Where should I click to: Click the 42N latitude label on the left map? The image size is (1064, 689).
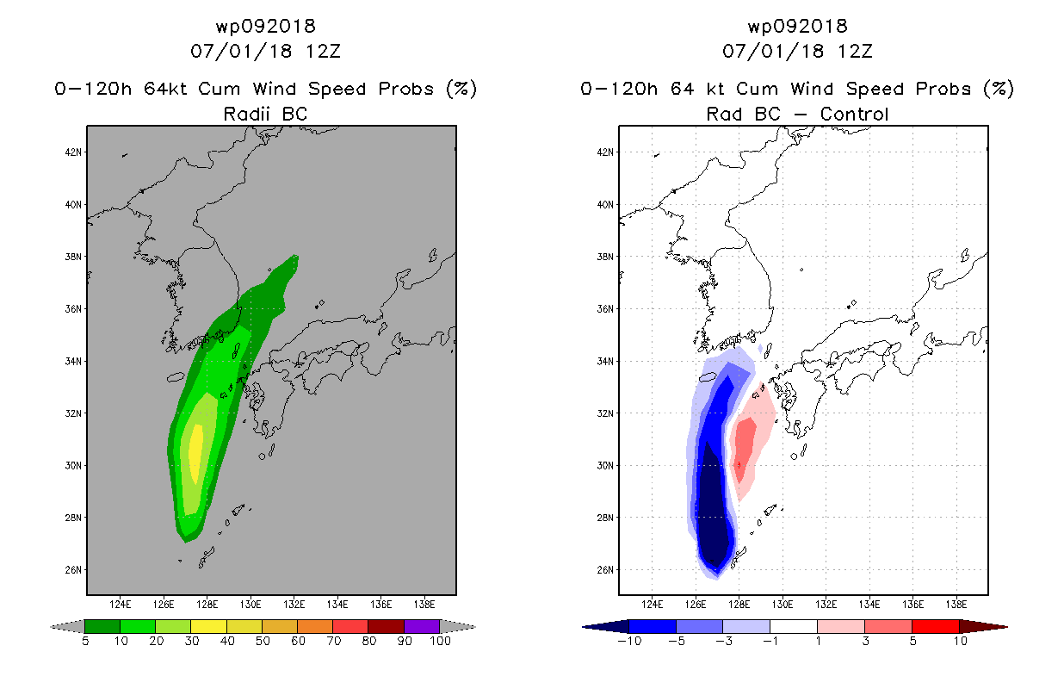(x=73, y=152)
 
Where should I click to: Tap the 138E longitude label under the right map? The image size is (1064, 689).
(x=956, y=605)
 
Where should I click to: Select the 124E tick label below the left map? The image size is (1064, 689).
(x=121, y=605)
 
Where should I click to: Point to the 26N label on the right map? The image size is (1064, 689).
(x=605, y=570)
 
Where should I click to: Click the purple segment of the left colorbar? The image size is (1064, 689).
(x=422, y=626)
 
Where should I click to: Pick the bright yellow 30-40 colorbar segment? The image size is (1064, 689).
(x=208, y=626)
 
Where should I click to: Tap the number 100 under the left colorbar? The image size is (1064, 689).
(x=441, y=642)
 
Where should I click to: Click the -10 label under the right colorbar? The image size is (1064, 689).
(x=629, y=642)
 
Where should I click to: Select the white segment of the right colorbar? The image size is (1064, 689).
(x=793, y=626)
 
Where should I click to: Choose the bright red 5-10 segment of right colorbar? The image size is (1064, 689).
(x=935, y=626)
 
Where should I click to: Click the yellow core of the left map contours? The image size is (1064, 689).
(x=195, y=454)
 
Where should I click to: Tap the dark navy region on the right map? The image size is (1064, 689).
(x=713, y=508)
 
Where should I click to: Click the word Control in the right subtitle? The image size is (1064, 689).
(x=854, y=115)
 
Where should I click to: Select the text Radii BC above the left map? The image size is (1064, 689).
(x=265, y=115)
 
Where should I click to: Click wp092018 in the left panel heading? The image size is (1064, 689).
(x=265, y=26)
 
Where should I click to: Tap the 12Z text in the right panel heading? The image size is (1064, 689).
(x=855, y=52)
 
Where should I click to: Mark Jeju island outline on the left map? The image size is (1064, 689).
(x=176, y=377)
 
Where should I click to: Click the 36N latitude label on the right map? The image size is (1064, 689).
(x=605, y=309)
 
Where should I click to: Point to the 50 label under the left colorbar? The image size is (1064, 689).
(x=263, y=642)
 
